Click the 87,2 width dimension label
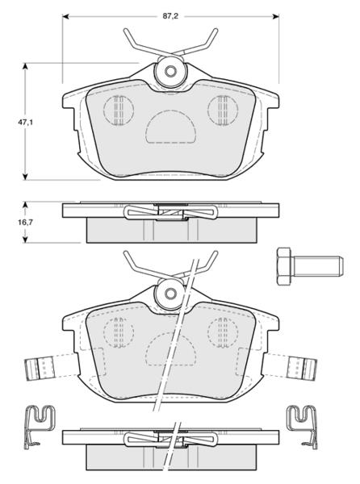pyautogui.click(x=170, y=16)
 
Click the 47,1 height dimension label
pyautogui.click(x=25, y=123)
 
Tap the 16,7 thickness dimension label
pyautogui.click(x=25, y=223)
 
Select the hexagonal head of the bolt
pyautogui.click(x=284, y=266)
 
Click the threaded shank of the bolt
pyautogui.click(x=316, y=266)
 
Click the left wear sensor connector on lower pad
pyautogui.click(x=40, y=369)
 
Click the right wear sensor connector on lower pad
pyautogui.click(x=301, y=369)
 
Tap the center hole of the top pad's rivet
pyautogui.click(x=170, y=72)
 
